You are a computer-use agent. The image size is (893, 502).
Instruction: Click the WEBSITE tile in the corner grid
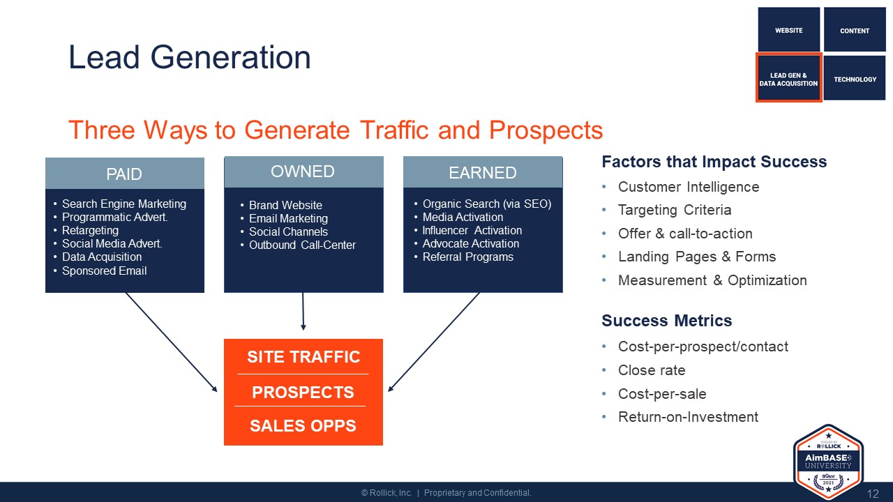click(x=788, y=29)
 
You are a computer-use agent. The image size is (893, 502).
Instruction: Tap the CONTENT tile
click(x=855, y=29)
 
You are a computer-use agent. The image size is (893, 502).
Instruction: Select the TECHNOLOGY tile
click(x=855, y=78)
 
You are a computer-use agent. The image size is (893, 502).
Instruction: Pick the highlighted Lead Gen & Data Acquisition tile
click(x=788, y=78)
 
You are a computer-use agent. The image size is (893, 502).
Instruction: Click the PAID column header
click(x=125, y=174)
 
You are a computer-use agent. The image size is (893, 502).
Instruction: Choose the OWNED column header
click(x=303, y=172)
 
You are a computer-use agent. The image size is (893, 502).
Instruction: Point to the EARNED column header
click(x=483, y=172)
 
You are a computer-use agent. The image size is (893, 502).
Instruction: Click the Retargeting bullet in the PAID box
click(x=90, y=230)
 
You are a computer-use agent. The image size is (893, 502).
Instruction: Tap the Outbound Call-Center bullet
click(x=302, y=245)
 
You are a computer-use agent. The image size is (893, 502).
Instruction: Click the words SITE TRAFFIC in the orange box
click(x=303, y=357)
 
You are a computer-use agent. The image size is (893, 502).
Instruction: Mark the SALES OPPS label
click(x=303, y=425)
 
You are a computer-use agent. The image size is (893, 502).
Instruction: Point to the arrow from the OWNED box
click(x=303, y=311)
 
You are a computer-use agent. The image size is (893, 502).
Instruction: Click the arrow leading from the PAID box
click(x=172, y=342)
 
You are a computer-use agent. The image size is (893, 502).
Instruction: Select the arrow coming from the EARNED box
click(x=434, y=342)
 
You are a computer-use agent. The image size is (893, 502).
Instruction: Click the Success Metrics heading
click(x=666, y=321)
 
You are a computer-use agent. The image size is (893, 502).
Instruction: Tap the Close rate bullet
click(x=652, y=370)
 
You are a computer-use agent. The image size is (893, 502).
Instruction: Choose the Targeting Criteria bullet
click(x=675, y=210)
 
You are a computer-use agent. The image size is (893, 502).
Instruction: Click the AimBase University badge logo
click(x=828, y=462)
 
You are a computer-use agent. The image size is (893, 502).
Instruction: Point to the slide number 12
click(x=873, y=494)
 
